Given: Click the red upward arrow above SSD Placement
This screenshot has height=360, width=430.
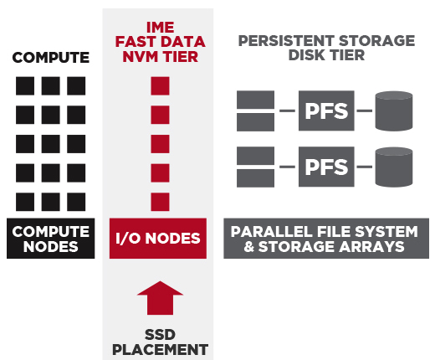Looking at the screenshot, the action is (x=160, y=298).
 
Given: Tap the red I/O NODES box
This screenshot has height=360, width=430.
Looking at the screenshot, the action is (x=158, y=239).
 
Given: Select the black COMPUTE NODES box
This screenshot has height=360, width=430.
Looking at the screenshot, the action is (x=51, y=239).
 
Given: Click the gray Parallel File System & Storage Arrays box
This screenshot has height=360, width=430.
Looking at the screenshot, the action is (x=326, y=239).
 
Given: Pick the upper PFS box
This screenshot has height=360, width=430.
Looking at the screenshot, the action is (x=326, y=111).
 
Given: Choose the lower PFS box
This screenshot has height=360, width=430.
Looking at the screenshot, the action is (x=326, y=167).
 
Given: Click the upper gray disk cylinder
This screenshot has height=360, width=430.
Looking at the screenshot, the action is (x=394, y=111).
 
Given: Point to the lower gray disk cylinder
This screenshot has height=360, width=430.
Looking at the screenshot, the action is (x=394, y=167).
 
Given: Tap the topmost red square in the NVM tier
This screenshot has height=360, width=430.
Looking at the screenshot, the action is (x=160, y=86).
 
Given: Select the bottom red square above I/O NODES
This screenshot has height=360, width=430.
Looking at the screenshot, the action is (x=160, y=202).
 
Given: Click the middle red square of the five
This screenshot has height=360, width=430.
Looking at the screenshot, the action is (x=160, y=144).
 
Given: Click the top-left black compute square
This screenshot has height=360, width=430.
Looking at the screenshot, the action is (x=25, y=86).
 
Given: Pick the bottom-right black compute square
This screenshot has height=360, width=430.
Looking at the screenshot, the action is (x=76, y=202).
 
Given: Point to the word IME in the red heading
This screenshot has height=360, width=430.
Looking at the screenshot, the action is (x=161, y=28).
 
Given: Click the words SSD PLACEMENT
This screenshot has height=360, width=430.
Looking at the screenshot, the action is (x=160, y=342).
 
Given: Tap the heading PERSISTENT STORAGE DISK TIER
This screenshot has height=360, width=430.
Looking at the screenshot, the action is (x=326, y=48).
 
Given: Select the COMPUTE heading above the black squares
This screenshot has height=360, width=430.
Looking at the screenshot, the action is (x=51, y=58).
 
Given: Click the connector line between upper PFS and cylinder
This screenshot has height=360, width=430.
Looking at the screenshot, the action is (x=365, y=111).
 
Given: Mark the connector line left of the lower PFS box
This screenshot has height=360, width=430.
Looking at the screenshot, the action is (x=287, y=167).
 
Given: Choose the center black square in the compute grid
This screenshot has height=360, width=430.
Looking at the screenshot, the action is (x=50, y=144).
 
